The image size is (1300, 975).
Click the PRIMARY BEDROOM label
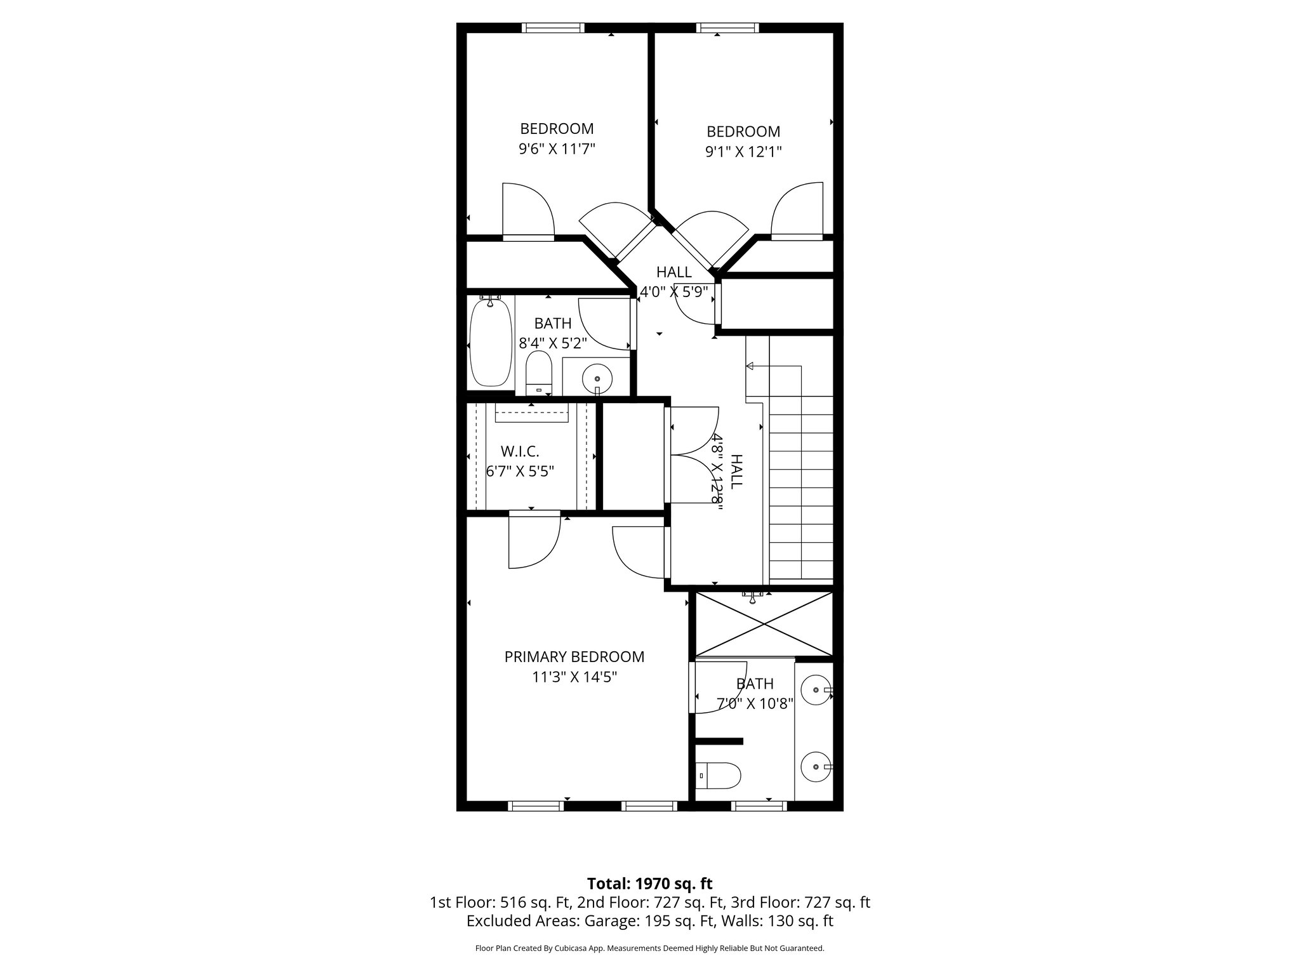point(574,657)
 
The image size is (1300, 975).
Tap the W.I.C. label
point(520,451)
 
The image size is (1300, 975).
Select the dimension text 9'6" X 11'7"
point(557,149)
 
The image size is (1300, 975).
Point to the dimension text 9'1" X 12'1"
point(743,152)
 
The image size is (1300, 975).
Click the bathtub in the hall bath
point(490,343)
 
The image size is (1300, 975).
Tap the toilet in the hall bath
point(540,375)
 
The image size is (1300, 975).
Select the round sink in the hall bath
point(597,378)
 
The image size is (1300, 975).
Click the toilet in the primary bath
point(719,774)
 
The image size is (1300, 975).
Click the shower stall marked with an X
point(764,624)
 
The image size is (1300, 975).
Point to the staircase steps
point(801,489)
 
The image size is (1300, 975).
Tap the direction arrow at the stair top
point(750,366)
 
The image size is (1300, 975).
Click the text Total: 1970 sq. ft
point(649,884)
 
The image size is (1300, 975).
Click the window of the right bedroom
point(727,28)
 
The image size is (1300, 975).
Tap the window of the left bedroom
point(553,28)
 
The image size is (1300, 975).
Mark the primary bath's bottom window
point(759,806)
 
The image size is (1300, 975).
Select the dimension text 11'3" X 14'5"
point(574,677)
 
